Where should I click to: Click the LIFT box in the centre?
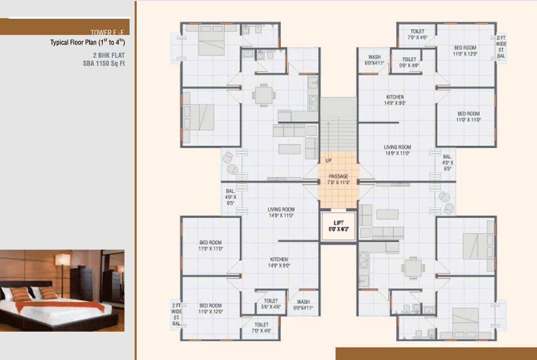[x=338, y=226]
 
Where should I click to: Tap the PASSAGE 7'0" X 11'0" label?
[x=338, y=179]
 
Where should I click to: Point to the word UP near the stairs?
[x=328, y=161]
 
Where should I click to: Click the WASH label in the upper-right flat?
[x=375, y=60]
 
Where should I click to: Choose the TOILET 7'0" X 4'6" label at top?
[x=418, y=34]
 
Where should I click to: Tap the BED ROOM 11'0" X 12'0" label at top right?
[x=465, y=51]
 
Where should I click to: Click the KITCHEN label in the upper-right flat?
[x=395, y=99]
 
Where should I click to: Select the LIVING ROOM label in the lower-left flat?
[x=281, y=212]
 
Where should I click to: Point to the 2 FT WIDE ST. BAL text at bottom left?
[x=176, y=313]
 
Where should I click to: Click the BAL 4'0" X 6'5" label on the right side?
[x=447, y=163]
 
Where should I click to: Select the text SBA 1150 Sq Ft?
[x=104, y=63]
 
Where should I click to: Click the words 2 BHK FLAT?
[x=108, y=55]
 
